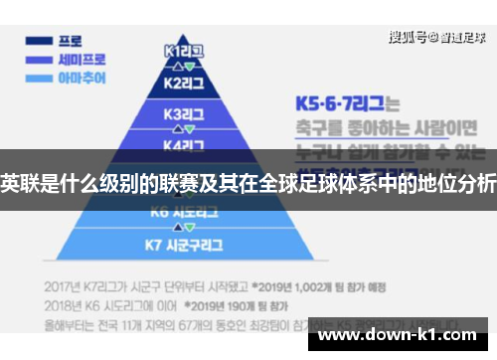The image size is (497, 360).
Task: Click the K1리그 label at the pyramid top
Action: coord(183,49)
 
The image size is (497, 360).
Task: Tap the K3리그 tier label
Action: coord(183,113)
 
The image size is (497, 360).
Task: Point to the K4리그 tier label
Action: coord(183,145)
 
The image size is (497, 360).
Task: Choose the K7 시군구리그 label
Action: coord(183,243)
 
